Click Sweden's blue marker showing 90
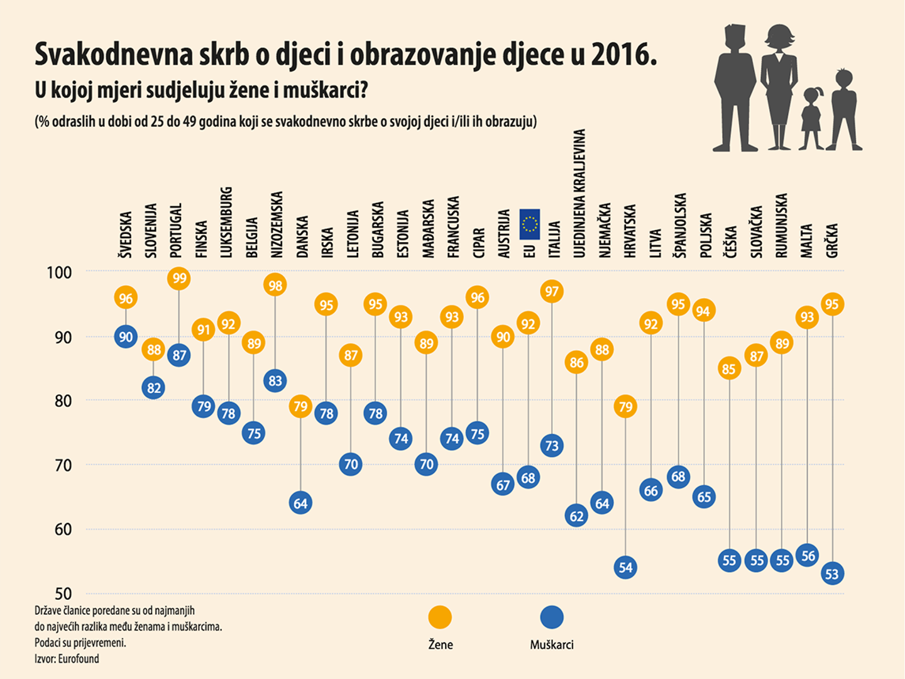126,337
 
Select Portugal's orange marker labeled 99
179,279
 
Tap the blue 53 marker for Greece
832,574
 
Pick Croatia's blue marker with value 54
625,568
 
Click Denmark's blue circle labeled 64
300,504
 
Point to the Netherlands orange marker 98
275,285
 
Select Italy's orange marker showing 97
552,292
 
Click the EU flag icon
529,224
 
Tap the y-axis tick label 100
59,272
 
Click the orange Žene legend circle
440,617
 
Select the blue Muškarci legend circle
552,617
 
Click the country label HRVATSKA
630,231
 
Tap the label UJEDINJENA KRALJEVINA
579,194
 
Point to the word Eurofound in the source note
79,659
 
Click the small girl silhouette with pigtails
811,119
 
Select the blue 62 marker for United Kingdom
576,516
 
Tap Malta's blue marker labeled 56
808,556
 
